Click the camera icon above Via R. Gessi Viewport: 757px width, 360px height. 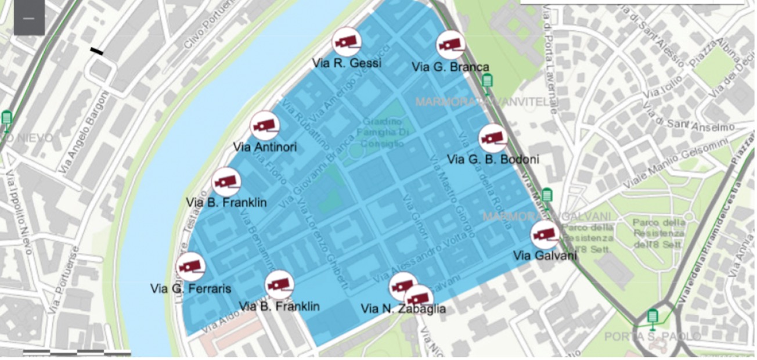coord(347,42)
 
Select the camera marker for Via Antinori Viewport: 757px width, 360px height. coord(265,125)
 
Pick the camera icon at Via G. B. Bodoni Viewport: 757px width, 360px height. coord(493,138)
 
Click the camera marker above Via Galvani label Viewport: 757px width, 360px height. coord(545,235)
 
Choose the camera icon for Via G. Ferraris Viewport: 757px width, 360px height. coord(190,267)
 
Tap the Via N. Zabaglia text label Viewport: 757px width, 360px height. coord(403,309)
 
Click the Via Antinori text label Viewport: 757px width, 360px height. coord(265,147)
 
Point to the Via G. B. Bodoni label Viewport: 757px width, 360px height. coord(493,159)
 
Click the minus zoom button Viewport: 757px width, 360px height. coord(29,18)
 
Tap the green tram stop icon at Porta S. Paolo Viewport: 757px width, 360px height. coord(653,317)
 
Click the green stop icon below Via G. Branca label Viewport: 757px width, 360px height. coord(487,81)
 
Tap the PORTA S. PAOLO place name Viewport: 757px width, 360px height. coord(652,337)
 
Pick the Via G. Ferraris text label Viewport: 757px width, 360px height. coord(190,289)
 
